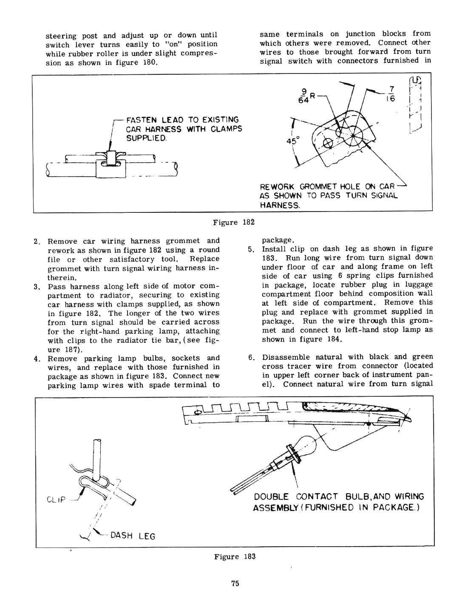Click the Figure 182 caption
pyautogui.click(x=233, y=222)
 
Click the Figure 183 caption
pyautogui.click(x=235, y=556)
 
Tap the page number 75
pyautogui.click(x=235, y=583)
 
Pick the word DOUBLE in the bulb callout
pyautogui.click(x=271, y=497)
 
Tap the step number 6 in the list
pyautogui.click(x=251, y=357)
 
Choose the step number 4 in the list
pyautogui.click(x=37, y=358)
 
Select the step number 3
pyautogui.click(x=37, y=287)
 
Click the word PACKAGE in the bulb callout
pyautogui.click(x=393, y=508)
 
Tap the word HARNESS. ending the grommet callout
pyautogui.click(x=280, y=205)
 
